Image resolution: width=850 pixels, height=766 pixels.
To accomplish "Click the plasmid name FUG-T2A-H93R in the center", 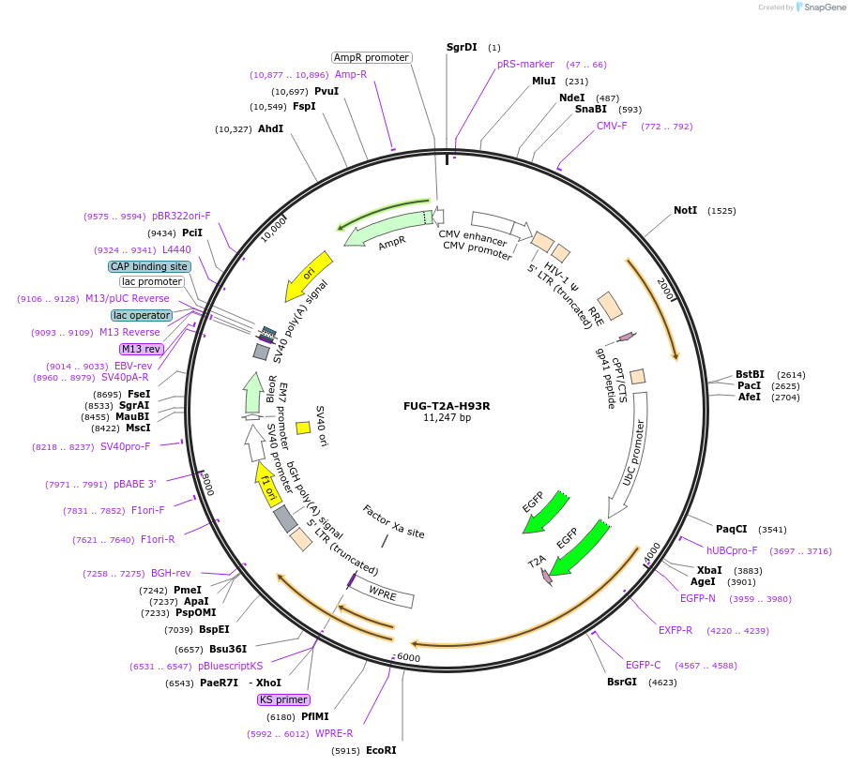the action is [447, 406].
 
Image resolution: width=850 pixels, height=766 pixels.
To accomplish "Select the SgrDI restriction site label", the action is [462, 47].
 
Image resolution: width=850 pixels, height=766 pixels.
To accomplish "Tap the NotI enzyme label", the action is [685, 210].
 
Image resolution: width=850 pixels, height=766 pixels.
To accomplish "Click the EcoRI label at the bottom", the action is [381, 750].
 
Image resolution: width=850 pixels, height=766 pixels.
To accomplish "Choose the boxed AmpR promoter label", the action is [372, 57].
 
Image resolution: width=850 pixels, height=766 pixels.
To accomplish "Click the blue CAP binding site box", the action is [149, 266].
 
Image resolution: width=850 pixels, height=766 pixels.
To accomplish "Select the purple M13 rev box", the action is [142, 349].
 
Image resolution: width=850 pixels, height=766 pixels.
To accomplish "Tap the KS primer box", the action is [283, 699].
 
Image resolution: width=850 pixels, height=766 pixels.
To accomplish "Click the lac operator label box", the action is [142, 315].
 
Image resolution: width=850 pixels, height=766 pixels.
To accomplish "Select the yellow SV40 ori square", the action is [303, 428].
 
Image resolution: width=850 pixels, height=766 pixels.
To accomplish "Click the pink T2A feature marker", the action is [545, 575].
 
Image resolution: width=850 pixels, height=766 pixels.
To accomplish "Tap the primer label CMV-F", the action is [612, 126].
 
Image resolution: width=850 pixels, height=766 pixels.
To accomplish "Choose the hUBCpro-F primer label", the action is [732, 550].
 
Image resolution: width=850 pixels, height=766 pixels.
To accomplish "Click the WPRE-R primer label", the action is [334, 733].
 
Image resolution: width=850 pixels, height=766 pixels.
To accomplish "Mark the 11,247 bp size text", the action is [447, 418].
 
